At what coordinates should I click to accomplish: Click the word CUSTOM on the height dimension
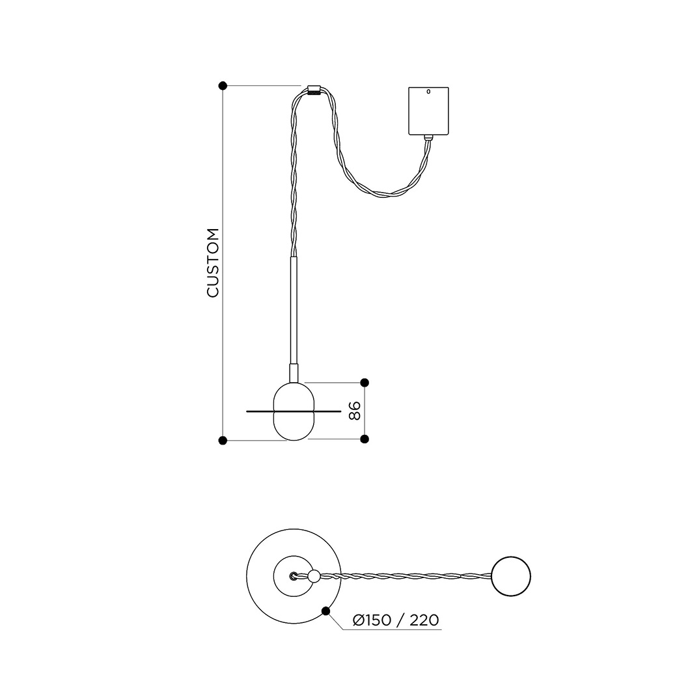[x=213, y=263]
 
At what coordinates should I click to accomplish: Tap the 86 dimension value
[x=355, y=411]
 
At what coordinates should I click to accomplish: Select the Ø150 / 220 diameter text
[x=396, y=620]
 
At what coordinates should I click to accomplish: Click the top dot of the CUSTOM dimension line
[x=223, y=85]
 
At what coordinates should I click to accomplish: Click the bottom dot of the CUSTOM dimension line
[x=223, y=440]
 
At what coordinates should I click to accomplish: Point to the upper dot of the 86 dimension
[x=365, y=382]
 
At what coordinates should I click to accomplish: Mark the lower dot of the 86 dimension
[x=365, y=439]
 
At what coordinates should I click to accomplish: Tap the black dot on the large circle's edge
[x=326, y=611]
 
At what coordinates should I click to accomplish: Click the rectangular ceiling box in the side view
[x=428, y=111]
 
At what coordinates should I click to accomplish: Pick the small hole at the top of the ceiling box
[x=428, y=92]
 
